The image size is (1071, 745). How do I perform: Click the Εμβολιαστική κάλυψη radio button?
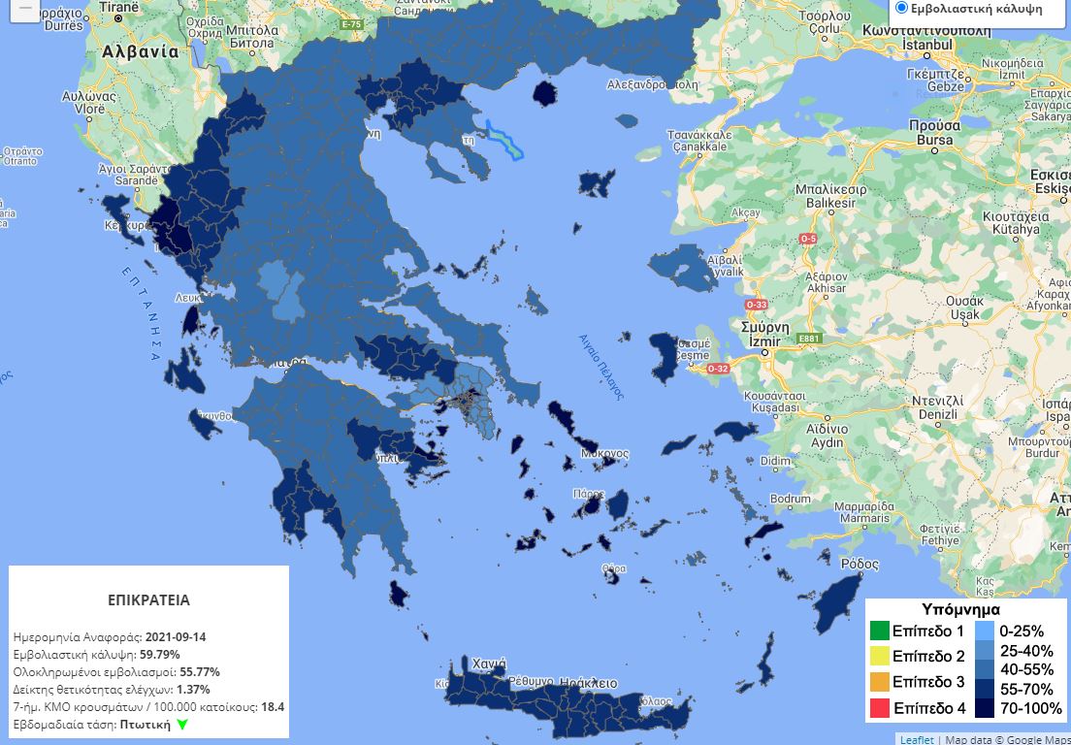[x=901, y=8]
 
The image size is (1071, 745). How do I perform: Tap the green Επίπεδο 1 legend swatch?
[x=879, y=631]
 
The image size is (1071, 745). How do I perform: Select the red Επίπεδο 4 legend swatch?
[x=879, y=707]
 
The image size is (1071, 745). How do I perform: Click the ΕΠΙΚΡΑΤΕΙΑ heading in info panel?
[x=148, y=599]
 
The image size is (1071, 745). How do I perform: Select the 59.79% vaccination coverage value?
[x=159, y=655]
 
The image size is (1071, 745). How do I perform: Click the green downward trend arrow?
[x=182, y=725]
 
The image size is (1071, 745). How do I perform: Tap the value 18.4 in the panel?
[x=273, y=707]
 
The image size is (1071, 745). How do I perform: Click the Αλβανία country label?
[x=140, y=51]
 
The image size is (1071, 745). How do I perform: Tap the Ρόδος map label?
[x=859, y=564]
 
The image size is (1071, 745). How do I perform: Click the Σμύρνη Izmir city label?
[x=763, y=335]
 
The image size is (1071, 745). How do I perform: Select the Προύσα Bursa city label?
[x=934, y=132]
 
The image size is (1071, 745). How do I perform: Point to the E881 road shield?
[x=807, y=339]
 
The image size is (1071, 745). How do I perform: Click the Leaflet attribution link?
[x=917, y=739]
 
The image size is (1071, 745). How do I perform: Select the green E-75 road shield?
[x=352, y=24]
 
